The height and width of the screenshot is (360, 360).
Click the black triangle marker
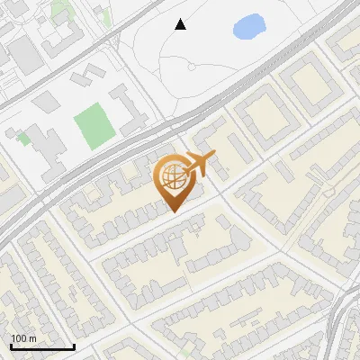click(x=181, y=24)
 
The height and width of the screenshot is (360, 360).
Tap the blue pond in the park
click(x=249, y=27)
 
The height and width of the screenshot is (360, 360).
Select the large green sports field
click(x=90, y=126)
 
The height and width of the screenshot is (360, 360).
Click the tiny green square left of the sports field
click(x=24, y=139)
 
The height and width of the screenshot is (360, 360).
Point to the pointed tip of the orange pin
click(x=171, y=212)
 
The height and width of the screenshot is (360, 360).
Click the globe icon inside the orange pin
click(x=170, y=177)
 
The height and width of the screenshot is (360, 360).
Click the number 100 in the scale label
click(x=19, y=338)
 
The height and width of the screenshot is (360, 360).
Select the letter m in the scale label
click(x=32, y=338)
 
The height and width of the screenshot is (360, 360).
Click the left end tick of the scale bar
click(x=10, y=346)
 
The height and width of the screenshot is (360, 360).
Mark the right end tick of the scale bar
click(x=74, y=346)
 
